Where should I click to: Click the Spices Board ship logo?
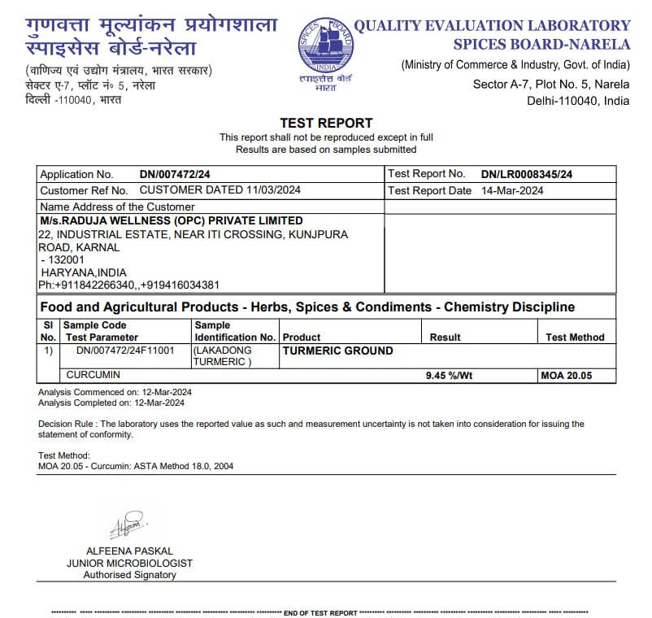tap(325, 48)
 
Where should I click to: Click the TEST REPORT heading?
tap(326, 123)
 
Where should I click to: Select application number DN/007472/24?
tap(175, 174)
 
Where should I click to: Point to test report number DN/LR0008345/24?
tap(526, 174)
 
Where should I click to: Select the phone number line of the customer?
tap(128, 285)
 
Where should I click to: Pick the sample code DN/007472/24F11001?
tap(125, 350)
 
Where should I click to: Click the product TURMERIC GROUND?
tap(337, 350)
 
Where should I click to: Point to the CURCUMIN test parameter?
tap(93, 375)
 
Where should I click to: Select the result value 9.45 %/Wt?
tap(450, 376)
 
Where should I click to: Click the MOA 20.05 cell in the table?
tap(566, 376)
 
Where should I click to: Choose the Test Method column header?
tap(575, 337)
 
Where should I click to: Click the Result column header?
tap(445, 337)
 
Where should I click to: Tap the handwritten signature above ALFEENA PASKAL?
tap(128, 525)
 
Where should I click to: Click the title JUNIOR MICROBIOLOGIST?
tap(129, 563)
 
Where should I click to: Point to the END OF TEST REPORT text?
tap(319, 612)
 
